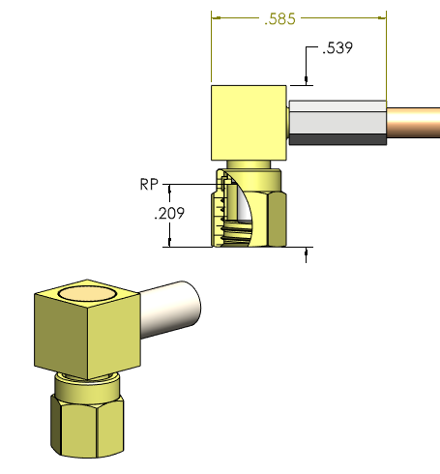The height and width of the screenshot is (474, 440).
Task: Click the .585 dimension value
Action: coord(297,18)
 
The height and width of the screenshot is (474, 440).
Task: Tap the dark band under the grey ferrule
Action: coord(337,139)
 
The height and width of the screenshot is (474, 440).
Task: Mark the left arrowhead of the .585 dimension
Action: coord(217,18)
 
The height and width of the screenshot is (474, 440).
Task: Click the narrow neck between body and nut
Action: coord(249,164)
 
